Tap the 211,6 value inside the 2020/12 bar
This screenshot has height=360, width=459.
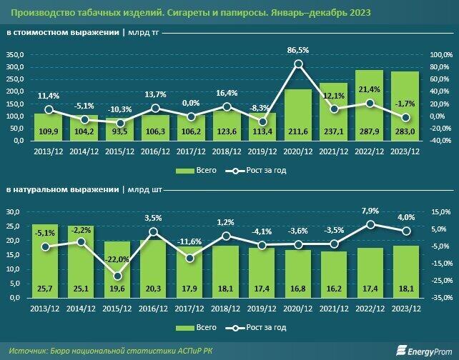click(299, 131)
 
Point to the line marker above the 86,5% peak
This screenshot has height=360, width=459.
click(299, 64)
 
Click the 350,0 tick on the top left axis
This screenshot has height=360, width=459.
click(14, 56)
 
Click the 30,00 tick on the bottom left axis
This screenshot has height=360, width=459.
click(14, 212)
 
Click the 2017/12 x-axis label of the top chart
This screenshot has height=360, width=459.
click(190, 151)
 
